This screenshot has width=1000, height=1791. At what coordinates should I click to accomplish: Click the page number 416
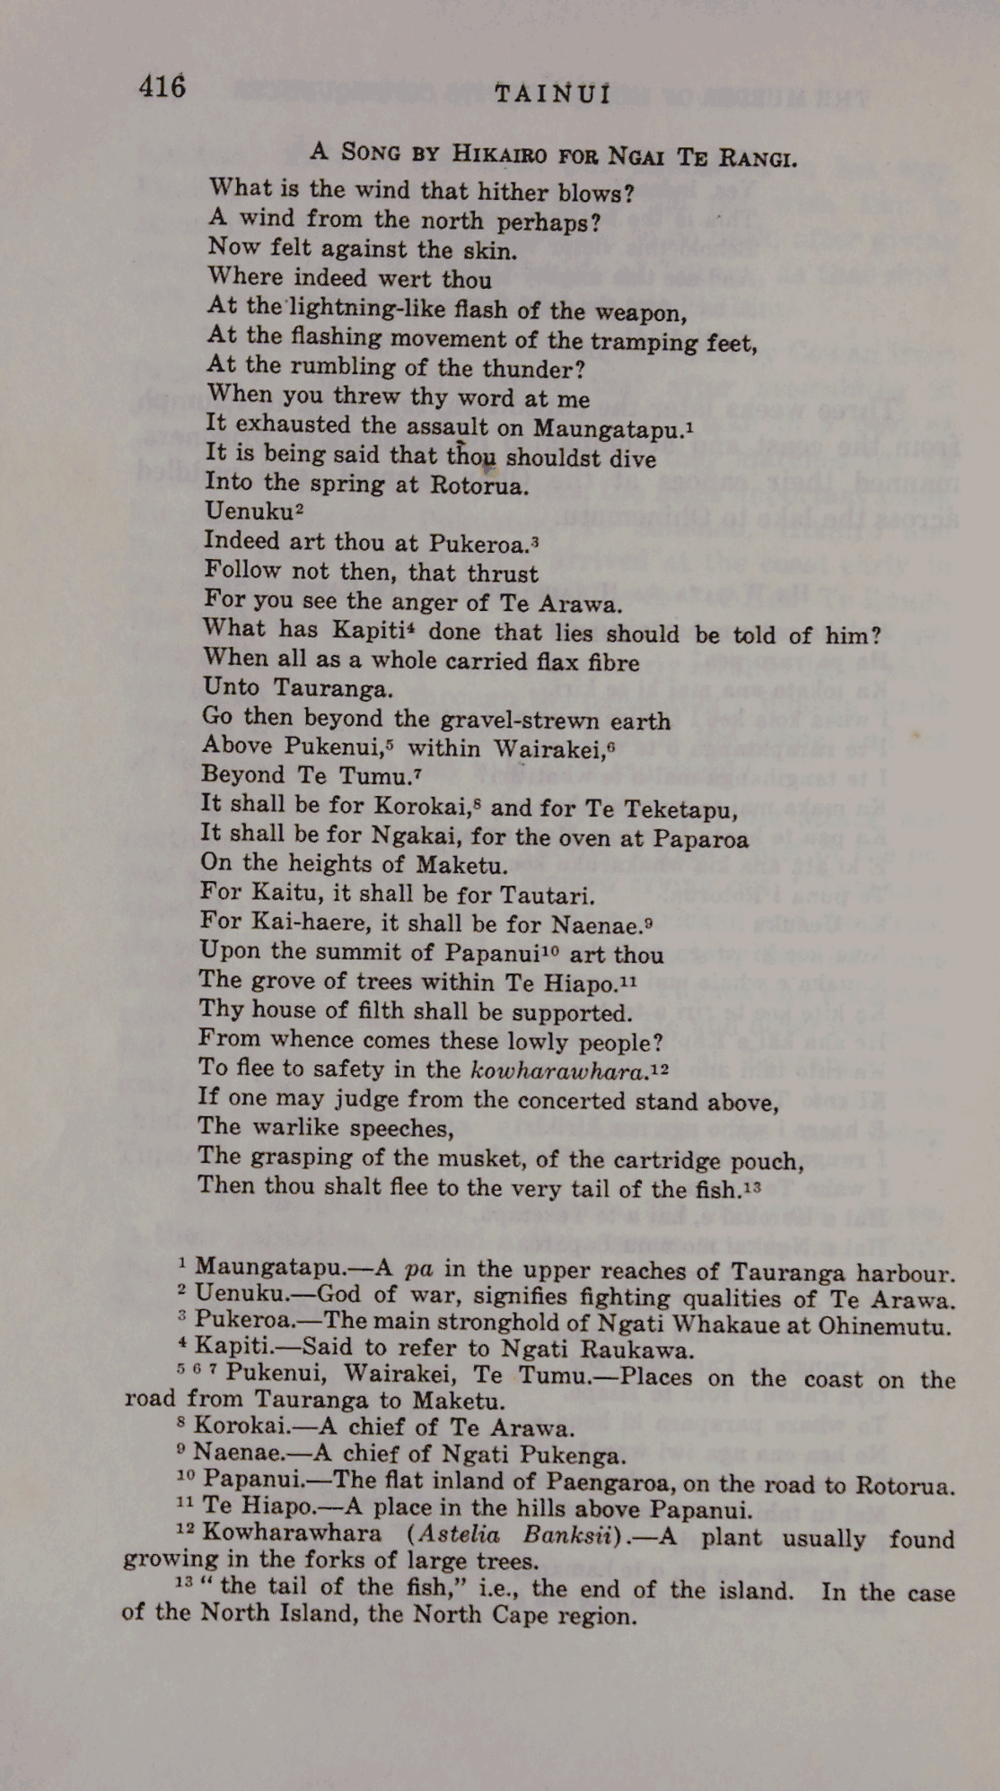click(x=162, y=87)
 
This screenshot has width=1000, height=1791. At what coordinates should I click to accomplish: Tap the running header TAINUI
click(x=553, y=94)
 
